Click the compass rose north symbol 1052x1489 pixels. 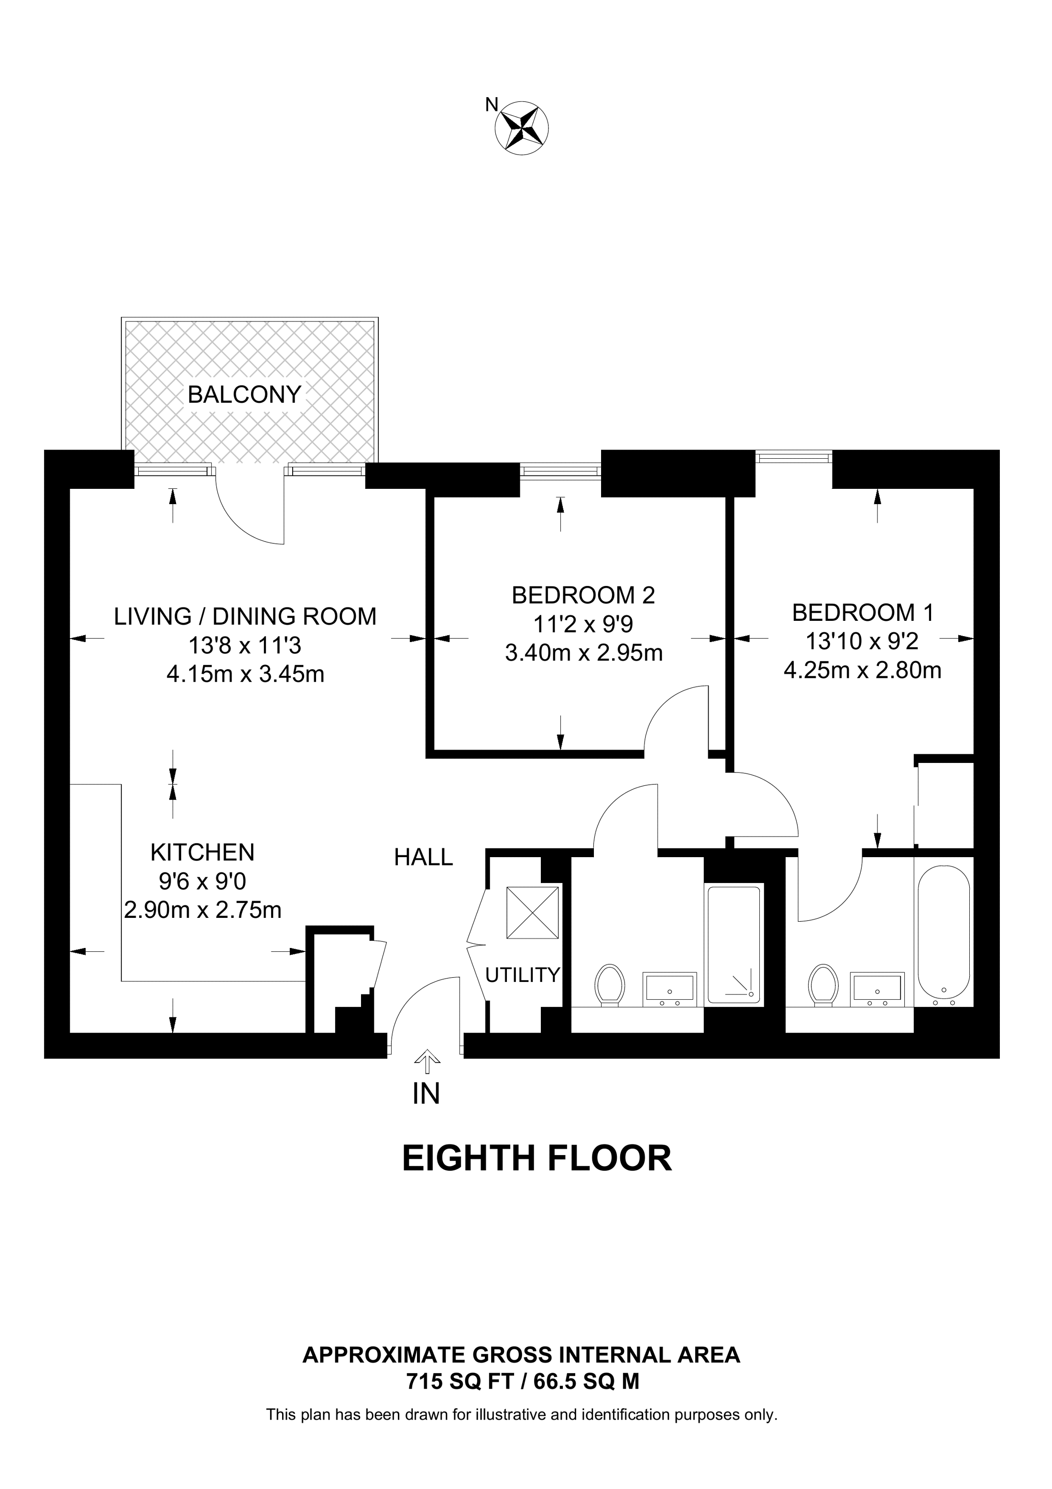coord(522,127)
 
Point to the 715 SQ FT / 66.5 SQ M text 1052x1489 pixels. coord(523,1382)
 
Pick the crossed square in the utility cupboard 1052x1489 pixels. coord(532,913)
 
